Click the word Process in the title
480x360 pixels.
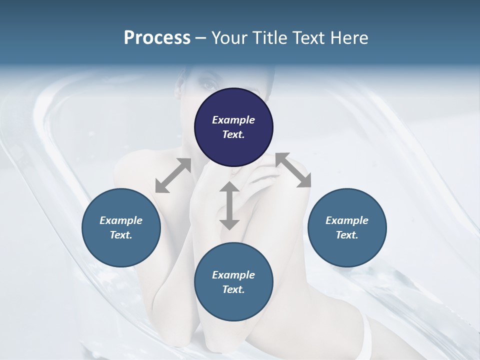pyautogui.click(x=157, y=38)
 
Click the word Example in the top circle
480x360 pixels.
pyautogui.click(x=233, y=120)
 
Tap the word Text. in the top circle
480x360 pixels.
pyautogui.click(x=233, y=134)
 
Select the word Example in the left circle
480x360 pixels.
pyautogui.click(x=121, y=220)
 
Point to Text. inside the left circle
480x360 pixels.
pyautogui.click(x=121, y=235)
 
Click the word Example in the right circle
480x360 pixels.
pyautogui.click(x=347, y=220)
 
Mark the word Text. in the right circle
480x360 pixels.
pyautogui.click(x=347, y=235)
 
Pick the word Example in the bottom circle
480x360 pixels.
pyautogui.click(x=233, y=275)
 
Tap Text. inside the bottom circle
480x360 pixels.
pyautogui.click(x=233, y=289)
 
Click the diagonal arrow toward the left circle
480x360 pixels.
pyautogui.click(x=173, y=175)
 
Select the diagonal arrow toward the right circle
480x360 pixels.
pyautogui.click(x=293, y=170)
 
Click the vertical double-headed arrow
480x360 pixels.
pyautogui.click(x=229, y=205)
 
